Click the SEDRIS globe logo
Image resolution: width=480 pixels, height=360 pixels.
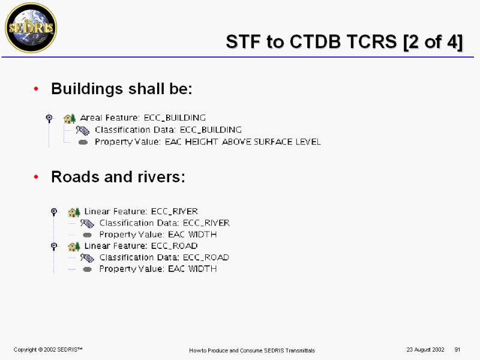tap(31, 28)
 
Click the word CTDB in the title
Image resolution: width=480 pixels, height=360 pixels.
tap(315, 41)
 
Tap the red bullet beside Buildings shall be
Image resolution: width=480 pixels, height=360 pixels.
tap(36, 89)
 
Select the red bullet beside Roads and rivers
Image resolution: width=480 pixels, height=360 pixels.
tap(36, 176)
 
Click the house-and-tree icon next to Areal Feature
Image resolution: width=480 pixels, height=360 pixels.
tap(70, 118)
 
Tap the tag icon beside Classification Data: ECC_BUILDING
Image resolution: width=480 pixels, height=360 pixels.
tap(83, 130)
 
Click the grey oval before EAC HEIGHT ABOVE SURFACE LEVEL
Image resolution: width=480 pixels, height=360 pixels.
tap(83, 142)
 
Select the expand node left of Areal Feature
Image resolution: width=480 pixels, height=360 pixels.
tap(49, 118)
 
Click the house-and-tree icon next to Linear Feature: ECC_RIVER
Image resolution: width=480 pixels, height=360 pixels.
tap(74, 212)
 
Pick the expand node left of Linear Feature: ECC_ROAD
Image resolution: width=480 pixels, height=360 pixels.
tap(54, 246)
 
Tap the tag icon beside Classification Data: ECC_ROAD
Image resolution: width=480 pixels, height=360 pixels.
tap(87, 258)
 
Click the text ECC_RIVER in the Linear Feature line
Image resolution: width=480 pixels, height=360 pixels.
tap(175, 212)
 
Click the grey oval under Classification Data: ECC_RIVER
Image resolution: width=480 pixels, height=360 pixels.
tap(87, 235)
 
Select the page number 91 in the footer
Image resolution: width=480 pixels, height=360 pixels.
tap(457, 350)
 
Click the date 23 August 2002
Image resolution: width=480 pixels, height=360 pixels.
tap(425, 350)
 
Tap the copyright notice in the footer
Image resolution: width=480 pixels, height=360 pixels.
tap(48, 350)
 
